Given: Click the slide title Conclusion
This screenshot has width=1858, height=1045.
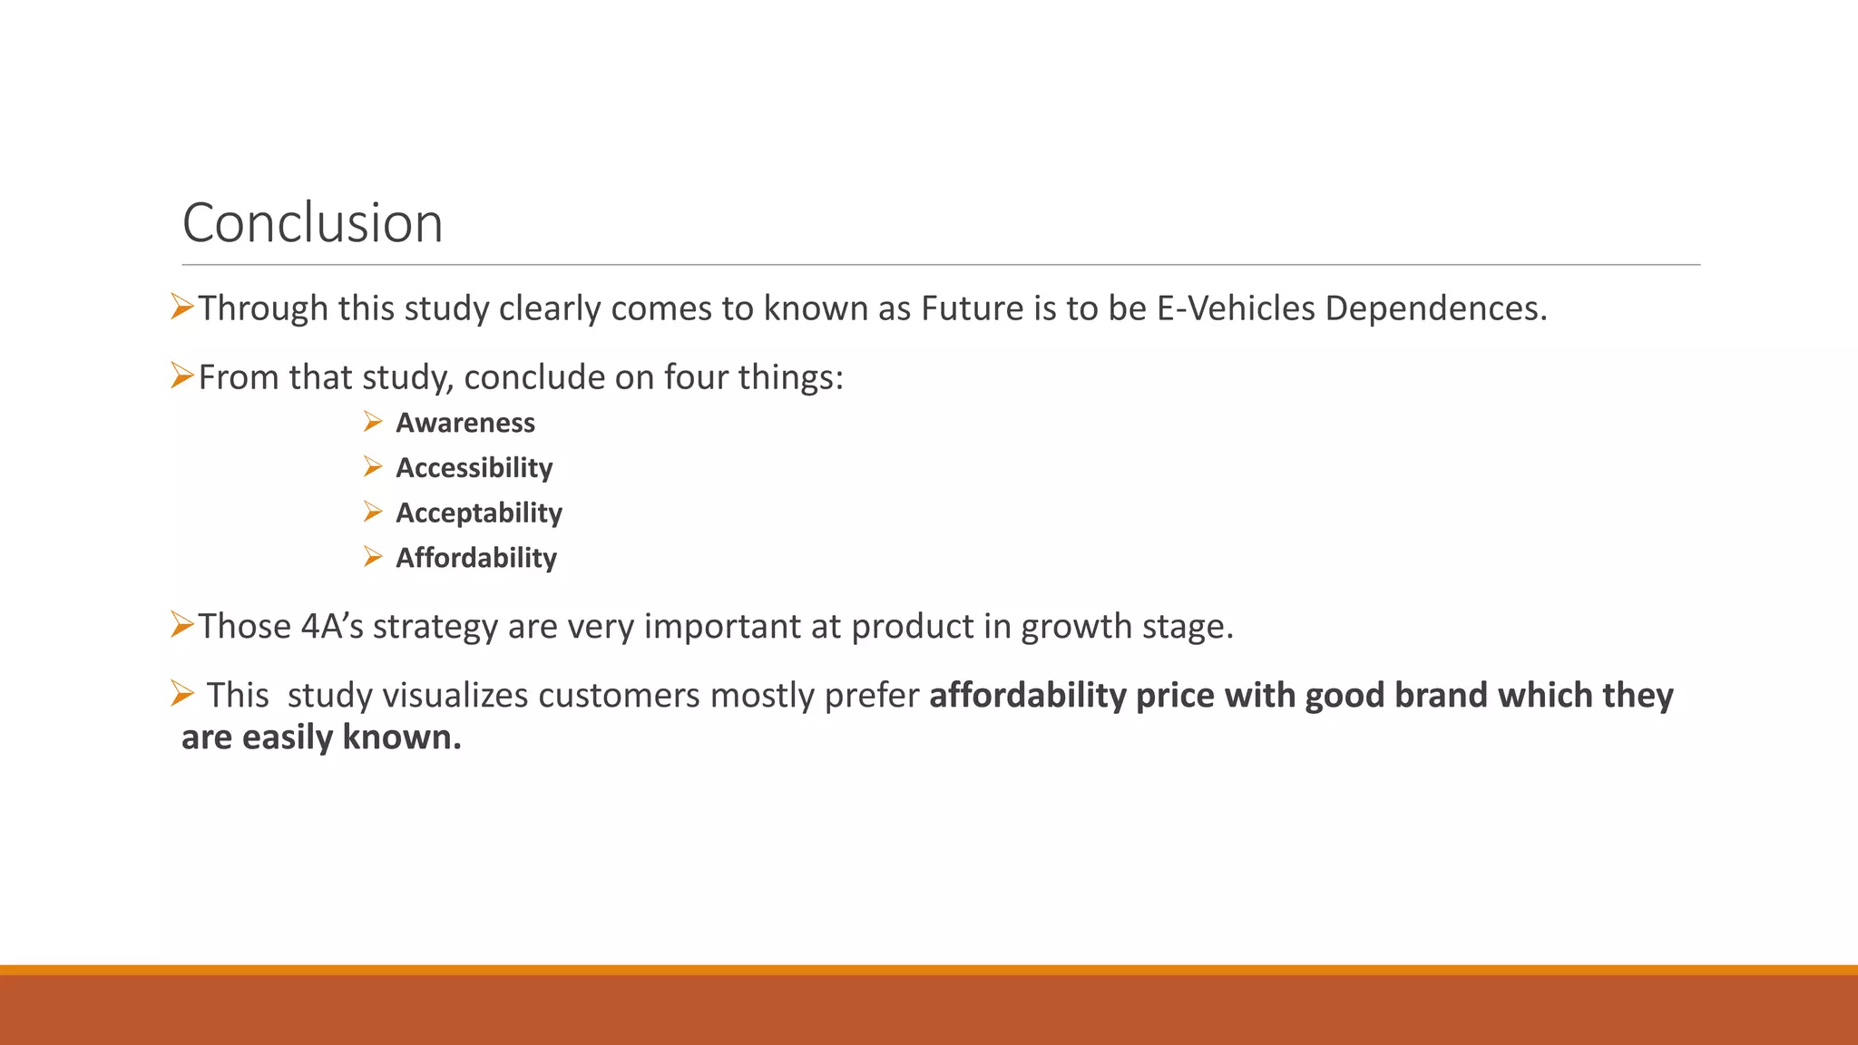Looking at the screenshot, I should coord(312,223).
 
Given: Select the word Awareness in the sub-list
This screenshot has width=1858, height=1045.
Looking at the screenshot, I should coord(464,423).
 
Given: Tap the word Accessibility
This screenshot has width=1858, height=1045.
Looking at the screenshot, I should coord(474,468).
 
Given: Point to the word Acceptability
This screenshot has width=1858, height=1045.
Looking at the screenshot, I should coord(478,513).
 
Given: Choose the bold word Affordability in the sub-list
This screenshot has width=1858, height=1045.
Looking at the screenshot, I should coord(475,558).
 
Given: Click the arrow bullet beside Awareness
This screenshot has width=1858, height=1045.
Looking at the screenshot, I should coord(373,422).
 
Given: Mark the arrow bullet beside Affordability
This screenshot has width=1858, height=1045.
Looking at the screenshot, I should coord(373,557).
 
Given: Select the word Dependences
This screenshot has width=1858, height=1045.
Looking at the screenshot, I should coord(1435,308).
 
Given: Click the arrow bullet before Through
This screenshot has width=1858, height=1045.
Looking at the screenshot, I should coord(182,308).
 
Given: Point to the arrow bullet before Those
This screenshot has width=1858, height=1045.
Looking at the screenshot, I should coord(182,625).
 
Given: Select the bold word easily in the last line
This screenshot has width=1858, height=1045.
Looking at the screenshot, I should coord(288,737).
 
